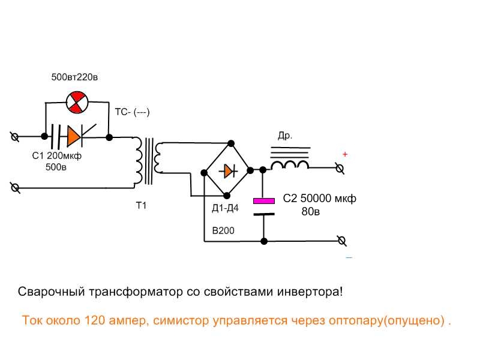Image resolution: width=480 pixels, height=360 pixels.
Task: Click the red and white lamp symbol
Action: [x=76, y=102]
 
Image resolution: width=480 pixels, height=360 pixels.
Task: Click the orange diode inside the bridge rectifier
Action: [x=227, y=171]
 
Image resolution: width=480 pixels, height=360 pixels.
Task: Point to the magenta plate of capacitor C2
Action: [x=264, y=200]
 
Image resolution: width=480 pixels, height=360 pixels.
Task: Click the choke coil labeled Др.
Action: [x=290, y=162]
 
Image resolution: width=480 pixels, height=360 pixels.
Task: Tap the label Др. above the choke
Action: [x=285, y=136]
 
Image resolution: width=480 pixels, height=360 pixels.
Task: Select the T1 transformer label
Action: [x=141, y=206]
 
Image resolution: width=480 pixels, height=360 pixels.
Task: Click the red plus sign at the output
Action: [x=345, y=154]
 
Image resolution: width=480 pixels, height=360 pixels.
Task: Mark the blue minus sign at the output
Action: [x=349, y=257]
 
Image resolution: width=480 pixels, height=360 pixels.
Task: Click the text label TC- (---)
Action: [x=132, y=112]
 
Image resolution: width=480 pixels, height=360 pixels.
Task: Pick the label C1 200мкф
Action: [x=56, y=156]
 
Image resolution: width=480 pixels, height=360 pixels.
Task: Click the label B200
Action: [x=223, y=230]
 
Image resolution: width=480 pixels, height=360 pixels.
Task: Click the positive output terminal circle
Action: [x=340, y=169]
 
